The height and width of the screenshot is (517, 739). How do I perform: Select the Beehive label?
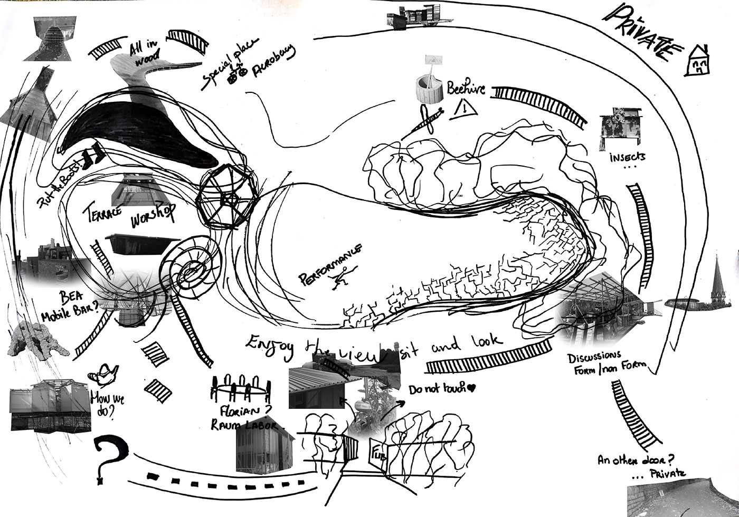[x=466, y=88]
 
